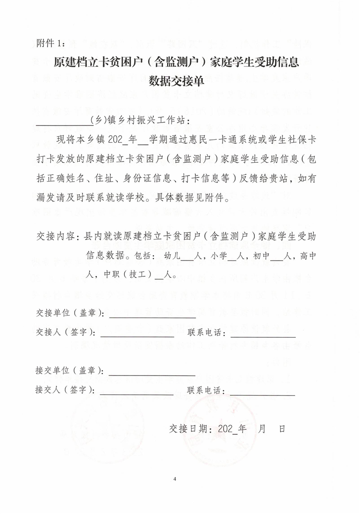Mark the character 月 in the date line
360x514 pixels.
262,428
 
